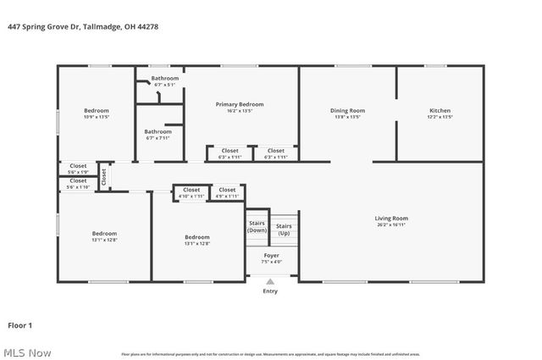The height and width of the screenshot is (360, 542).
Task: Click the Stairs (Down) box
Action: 257,226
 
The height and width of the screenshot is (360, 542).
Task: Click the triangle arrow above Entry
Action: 270,282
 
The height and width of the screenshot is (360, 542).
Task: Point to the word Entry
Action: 270,291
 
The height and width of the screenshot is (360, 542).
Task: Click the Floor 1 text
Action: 19,324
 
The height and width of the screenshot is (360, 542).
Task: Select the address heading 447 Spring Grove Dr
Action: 83,26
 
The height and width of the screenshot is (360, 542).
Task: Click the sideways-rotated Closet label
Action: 104,176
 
